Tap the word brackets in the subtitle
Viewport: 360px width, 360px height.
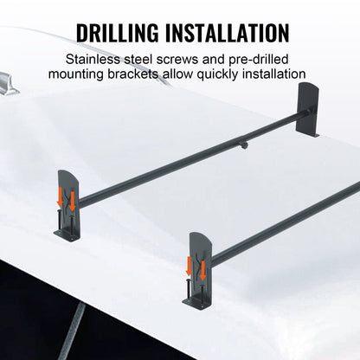click(x=152, y=78)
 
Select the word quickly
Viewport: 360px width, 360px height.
click(x=245, y=78)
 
